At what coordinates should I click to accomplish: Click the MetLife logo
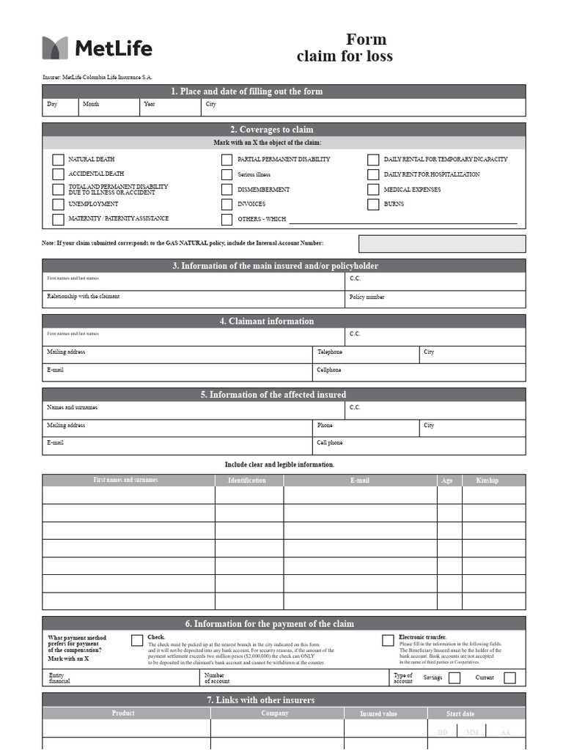click(97, 48)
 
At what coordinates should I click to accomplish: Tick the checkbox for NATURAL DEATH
click(58, 160)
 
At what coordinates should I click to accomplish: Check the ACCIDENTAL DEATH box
click(58, 174)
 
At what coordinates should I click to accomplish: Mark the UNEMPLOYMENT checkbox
click(58, 204)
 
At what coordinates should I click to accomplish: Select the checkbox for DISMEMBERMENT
click(227, 190)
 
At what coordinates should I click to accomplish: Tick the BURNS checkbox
click(373, 204)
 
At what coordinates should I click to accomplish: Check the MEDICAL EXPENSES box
click(373, 190)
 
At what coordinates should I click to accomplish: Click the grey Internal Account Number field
click(441, 244)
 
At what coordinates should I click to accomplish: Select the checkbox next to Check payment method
click(137, 641)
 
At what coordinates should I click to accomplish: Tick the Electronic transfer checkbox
click(388, 641)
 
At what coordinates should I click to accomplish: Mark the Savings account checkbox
click(455, 677)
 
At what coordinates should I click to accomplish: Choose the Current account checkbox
click(509, 677)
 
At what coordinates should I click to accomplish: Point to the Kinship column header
click(487, 480)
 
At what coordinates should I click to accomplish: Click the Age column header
click(447, 480)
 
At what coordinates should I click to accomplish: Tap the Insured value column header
click(379, 713)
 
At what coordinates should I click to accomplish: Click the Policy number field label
click(367, 297)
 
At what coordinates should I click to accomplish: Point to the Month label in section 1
click(91, 105)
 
